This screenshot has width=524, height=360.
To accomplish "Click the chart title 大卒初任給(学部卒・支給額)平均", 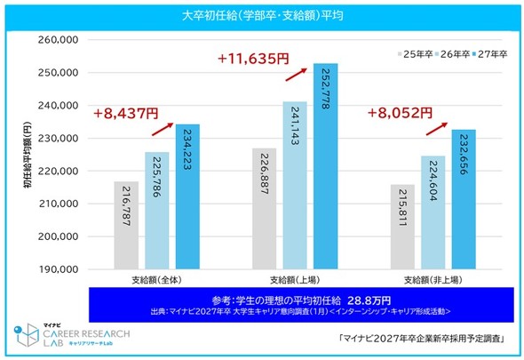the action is point(263,16).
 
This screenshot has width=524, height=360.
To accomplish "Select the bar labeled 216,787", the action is point(126,225).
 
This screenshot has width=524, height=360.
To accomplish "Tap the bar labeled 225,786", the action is point(157,211).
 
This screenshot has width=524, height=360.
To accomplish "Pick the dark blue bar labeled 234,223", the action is point(187,196).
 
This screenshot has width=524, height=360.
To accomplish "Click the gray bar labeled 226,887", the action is point(265,209).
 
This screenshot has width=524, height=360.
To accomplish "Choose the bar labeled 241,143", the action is point(295,186).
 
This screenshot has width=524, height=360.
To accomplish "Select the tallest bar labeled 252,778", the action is point(326,166).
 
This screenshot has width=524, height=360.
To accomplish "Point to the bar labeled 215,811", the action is point(402,227).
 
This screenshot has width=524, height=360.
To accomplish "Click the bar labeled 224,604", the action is point(433,212).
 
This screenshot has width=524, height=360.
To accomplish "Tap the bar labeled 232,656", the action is point(464,199).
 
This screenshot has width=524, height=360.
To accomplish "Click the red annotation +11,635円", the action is point(253,59).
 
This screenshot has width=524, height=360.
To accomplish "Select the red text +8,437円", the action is point(125,114).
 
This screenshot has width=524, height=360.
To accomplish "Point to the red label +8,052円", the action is point(400,113).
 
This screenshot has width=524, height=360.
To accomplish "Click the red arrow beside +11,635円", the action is point(296,75).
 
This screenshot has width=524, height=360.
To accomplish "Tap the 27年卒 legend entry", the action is point(490,54).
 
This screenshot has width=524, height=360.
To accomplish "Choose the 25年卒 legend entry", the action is point(416,54).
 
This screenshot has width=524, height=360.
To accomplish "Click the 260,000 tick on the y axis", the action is point(58,40).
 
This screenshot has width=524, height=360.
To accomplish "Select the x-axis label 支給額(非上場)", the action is point(433,280).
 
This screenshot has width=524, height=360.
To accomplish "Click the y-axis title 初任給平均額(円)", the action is point(28,155).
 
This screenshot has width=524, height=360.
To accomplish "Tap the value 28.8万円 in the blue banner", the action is point(369,300).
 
